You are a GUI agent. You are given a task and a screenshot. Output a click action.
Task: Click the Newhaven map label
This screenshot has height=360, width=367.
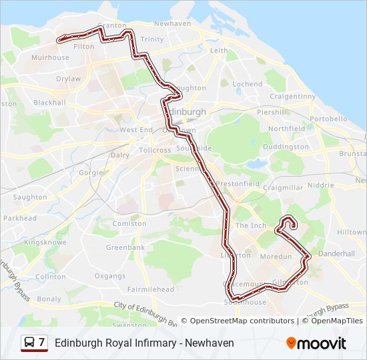tap(172, 23)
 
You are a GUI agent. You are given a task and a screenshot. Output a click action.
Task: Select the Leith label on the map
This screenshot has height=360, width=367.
tap(219, 51)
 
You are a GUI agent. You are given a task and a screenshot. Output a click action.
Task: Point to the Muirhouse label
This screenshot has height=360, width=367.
tap(50, 58)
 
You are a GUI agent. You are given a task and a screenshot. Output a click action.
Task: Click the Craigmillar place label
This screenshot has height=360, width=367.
tap(283, 188)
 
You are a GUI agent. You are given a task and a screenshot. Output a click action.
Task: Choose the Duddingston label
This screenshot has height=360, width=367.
tap(286, 147)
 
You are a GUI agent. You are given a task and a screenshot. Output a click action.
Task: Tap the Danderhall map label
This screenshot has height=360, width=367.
tap(336, 254)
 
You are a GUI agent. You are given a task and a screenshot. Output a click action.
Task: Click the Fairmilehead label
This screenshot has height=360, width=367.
tap(151, 289)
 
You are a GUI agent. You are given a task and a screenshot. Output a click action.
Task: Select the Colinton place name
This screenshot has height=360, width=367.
tap(51, 277)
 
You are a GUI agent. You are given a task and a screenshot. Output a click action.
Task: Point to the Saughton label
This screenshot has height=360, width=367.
tap(30, 197)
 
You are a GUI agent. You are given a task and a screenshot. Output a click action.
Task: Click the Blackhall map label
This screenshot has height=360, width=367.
tap(49, 103)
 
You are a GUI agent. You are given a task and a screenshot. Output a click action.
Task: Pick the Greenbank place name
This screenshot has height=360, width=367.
tap(125, 247)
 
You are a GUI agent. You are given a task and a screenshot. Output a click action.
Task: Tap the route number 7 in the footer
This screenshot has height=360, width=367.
tap(42, 343)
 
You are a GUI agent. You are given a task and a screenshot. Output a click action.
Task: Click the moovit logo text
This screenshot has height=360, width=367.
tap(322, 343)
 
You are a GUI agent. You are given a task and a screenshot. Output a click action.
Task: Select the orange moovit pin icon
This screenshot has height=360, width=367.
tap(291, 343)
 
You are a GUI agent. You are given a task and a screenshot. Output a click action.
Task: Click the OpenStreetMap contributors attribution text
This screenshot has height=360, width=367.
tap(242, 321)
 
